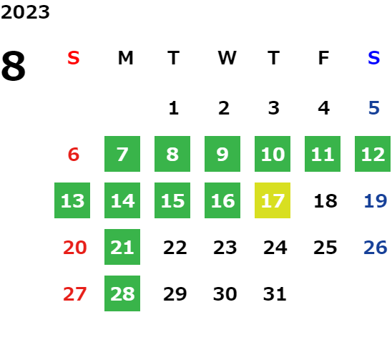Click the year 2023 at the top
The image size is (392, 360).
pos(25,12)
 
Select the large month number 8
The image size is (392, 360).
pos(14,66)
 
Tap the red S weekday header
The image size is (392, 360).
pos(74,58)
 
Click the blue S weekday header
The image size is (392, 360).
pos(374,58)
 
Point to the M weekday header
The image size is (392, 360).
pos(125,58)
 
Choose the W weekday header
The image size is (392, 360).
pos(227,58)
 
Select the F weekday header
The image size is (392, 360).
pos(323,58)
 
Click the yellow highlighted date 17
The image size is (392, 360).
pos(273,200)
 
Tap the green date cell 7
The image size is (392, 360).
pos(122,154)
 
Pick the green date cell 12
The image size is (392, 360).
pos(373,154)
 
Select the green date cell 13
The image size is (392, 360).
pos(72,200)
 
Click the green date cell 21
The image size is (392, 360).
pos(122,247)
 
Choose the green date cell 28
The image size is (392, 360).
pos(122,293)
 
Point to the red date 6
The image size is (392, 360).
pos(74,154)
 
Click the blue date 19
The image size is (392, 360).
pos(376,200)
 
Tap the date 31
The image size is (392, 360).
pos(275,293)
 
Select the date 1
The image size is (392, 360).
pos(174,108)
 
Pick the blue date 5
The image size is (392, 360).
pos(374,108)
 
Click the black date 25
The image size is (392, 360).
pos(325,247)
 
